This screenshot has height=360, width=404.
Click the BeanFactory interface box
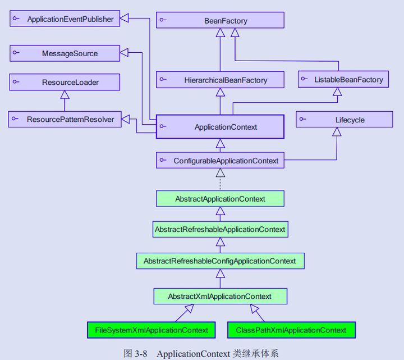220,21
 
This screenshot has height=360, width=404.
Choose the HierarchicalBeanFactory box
220,80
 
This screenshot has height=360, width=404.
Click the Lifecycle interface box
345,120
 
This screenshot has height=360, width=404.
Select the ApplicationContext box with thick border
220,127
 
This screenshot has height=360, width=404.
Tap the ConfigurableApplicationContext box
220,161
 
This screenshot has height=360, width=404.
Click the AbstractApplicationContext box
220,199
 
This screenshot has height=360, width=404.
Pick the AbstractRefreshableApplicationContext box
220,229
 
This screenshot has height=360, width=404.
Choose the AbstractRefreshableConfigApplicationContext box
220,261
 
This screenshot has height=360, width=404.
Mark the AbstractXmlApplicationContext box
220,296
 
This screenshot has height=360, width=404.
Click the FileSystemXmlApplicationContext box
151,330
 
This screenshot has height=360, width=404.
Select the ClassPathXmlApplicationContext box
291,330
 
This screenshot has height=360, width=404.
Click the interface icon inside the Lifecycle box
304,120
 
